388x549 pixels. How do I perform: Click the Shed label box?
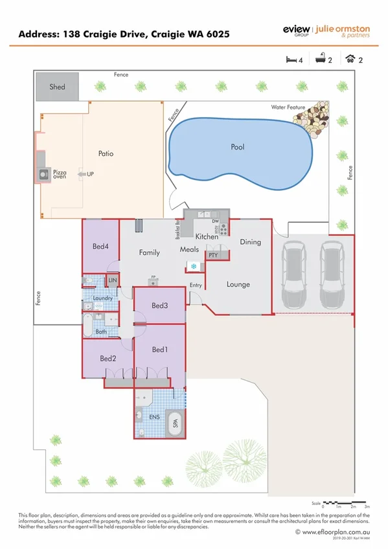57,86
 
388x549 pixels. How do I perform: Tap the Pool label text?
238,147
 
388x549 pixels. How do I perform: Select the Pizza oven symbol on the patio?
43,174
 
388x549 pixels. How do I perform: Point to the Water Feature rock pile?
312,115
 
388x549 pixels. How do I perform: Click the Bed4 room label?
100,245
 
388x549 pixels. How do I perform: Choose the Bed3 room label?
159,305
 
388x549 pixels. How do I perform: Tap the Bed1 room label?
159,350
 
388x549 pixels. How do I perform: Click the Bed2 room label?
108,358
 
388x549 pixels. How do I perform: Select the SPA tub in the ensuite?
174,425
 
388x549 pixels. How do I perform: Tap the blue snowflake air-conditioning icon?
193,266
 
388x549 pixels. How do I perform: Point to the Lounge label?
238,284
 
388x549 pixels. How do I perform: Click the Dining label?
250,242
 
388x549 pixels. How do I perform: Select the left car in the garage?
295,275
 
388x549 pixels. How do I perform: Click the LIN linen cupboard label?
112,280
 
